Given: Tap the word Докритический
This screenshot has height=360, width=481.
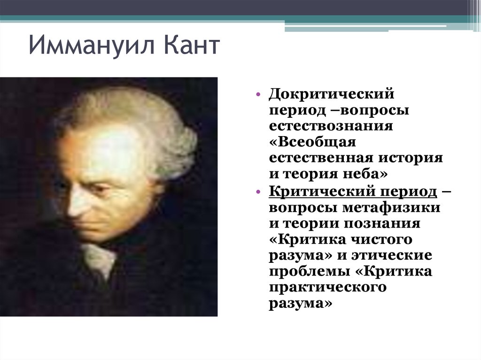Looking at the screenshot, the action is [x=331, y=93].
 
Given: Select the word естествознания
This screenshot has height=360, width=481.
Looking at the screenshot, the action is [x=331, y=126].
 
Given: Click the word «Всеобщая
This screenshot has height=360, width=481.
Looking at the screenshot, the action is [x=312, y=142].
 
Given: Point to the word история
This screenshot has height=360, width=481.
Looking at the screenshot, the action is [x=411, y=158].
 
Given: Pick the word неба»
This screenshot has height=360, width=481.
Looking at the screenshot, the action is [x=365, y=174].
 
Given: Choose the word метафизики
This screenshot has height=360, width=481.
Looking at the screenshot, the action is [x=391, y=207].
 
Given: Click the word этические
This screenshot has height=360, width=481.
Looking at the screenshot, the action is [x=391, y=255].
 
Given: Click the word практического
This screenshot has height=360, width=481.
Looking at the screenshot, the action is [x=327, y=288].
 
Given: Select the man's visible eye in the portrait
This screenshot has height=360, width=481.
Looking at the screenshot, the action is [x=98, y=188].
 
